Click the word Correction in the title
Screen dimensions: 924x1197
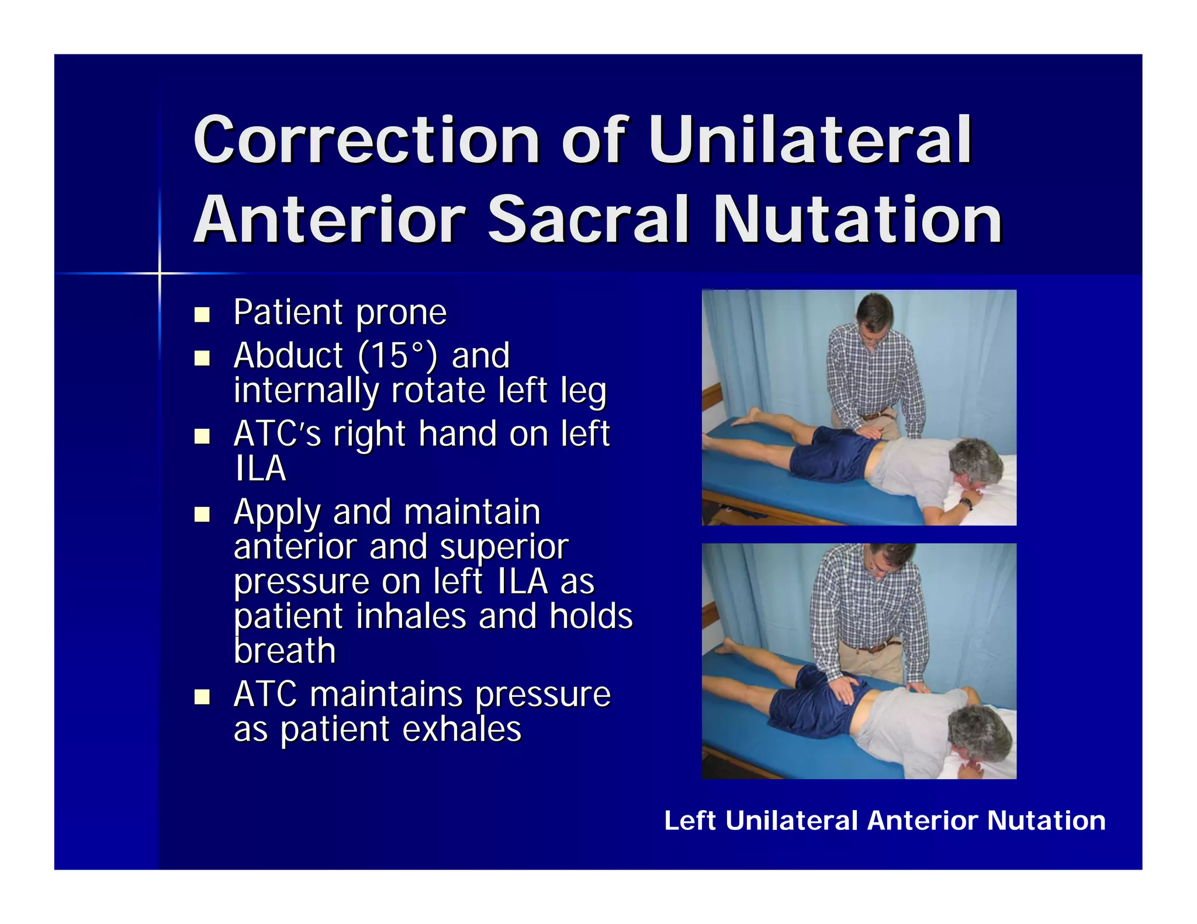coord(366,140)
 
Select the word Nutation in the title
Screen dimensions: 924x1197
coord(857,220)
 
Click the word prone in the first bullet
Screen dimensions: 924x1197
coord(401,313)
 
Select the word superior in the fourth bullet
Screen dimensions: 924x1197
coord(504,547)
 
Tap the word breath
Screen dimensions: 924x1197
coord(285,651)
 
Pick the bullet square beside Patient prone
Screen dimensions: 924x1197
coord(202,315)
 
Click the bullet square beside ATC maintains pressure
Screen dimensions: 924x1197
coord(202,696)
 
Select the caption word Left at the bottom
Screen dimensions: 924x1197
coord(690,821)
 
